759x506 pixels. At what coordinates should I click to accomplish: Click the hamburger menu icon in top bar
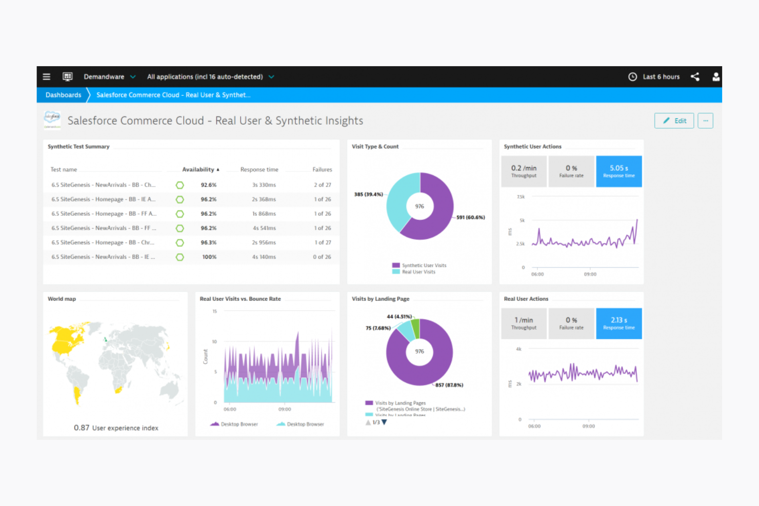point(47,77)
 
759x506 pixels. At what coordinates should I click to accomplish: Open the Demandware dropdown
point(109,77)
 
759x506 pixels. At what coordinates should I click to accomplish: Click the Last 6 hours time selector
point(654,77)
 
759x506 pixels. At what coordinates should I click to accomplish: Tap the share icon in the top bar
point(695,77)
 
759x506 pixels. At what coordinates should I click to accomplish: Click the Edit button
point(674,121)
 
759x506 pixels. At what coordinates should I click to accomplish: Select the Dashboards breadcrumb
point(63,95)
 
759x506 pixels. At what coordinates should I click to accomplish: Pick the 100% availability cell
point(209,257)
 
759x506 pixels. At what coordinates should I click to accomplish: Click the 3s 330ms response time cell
point(264,185)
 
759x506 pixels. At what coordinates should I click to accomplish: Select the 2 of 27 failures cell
point(322,185)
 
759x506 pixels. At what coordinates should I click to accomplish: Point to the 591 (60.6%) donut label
point(470,217)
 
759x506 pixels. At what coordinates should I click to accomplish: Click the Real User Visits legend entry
point(418,272)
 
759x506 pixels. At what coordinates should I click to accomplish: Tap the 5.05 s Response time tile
point(618,171)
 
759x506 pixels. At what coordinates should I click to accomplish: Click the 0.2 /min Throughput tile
point(524,171)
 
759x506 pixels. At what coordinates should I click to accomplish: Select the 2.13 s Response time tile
point(618,323)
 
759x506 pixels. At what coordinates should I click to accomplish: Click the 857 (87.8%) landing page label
point(449,385)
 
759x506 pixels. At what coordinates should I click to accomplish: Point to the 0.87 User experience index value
point(82,428)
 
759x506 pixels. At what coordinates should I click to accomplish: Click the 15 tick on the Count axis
point(214,312)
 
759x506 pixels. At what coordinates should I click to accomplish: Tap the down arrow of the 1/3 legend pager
point(384,422)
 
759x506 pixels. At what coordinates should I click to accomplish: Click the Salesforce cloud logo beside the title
point(52,120)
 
